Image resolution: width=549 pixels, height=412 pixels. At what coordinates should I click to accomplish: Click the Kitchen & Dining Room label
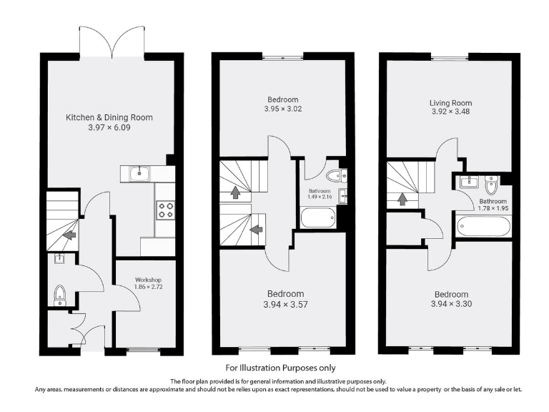pyautogui.click(x=109, y=117)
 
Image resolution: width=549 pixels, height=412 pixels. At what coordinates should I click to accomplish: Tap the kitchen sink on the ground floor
pyautogui.click(x=136, y=173)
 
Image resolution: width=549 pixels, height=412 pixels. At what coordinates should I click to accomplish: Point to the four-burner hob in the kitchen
pyautogui.click(x=165, y=209)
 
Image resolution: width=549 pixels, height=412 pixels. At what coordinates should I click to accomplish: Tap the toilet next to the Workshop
pyautogui.click(x=60, y=294)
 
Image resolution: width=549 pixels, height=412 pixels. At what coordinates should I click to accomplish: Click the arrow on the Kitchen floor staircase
pyautogui.click(x=70, y=234)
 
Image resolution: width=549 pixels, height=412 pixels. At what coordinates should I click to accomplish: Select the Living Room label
pyautogui.click(x=451, y=103)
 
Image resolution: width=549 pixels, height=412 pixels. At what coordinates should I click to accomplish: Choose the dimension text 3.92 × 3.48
pyautogui.click(x=451, y=112)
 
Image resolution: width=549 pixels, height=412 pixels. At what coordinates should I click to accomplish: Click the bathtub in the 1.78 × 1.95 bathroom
pyautogui.click(x=484, y=227)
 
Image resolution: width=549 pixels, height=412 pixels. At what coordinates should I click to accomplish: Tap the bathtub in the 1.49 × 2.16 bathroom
pyautogui.click(x=317, y=217)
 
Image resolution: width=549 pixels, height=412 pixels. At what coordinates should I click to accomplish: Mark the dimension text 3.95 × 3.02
pyautogui.click(x=283, y=109)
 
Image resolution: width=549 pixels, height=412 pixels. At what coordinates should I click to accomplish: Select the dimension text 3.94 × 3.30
pyautogui.click(x=451, y=305)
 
